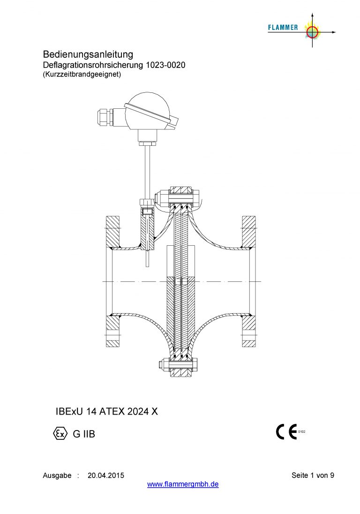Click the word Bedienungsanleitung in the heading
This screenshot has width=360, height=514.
coord(88,54)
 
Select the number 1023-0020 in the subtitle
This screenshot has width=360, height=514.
coord(165,65)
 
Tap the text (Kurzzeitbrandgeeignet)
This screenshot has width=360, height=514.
coord(82,75)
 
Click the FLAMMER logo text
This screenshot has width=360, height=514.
coord(283,28)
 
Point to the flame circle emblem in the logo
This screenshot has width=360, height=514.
coord(312,31)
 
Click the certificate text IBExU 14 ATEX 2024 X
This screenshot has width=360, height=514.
coord(107,411)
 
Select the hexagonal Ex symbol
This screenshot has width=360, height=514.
coord(60,433)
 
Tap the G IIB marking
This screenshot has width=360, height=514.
coord(84,434)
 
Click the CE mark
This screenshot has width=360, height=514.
coord(286,431)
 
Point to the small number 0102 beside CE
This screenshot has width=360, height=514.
coord(302,432)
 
